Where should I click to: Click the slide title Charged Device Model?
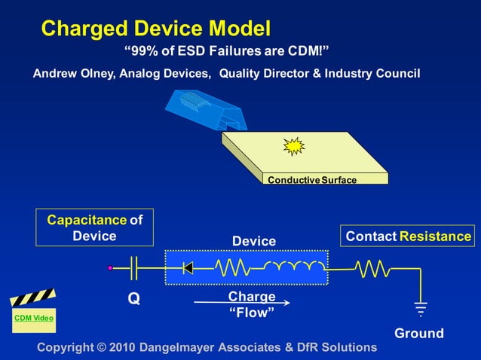click(155, 29)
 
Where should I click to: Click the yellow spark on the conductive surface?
click(293, 146)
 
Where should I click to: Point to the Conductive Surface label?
click(312, 180)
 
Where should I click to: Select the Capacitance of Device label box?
click(94, 227)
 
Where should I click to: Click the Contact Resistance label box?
click(408, 236)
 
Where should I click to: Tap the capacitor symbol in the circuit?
click(135, 267)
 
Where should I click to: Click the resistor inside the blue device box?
click(236, 267)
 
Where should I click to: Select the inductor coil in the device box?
click(294, 267)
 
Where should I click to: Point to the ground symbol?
click(420, 309)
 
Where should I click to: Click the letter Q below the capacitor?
click(133, 299)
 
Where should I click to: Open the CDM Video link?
click(34, 319)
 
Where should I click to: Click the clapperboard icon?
click(32, 299)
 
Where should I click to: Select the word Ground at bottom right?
click(419, 333)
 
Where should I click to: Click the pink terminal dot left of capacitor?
click(110, 267)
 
